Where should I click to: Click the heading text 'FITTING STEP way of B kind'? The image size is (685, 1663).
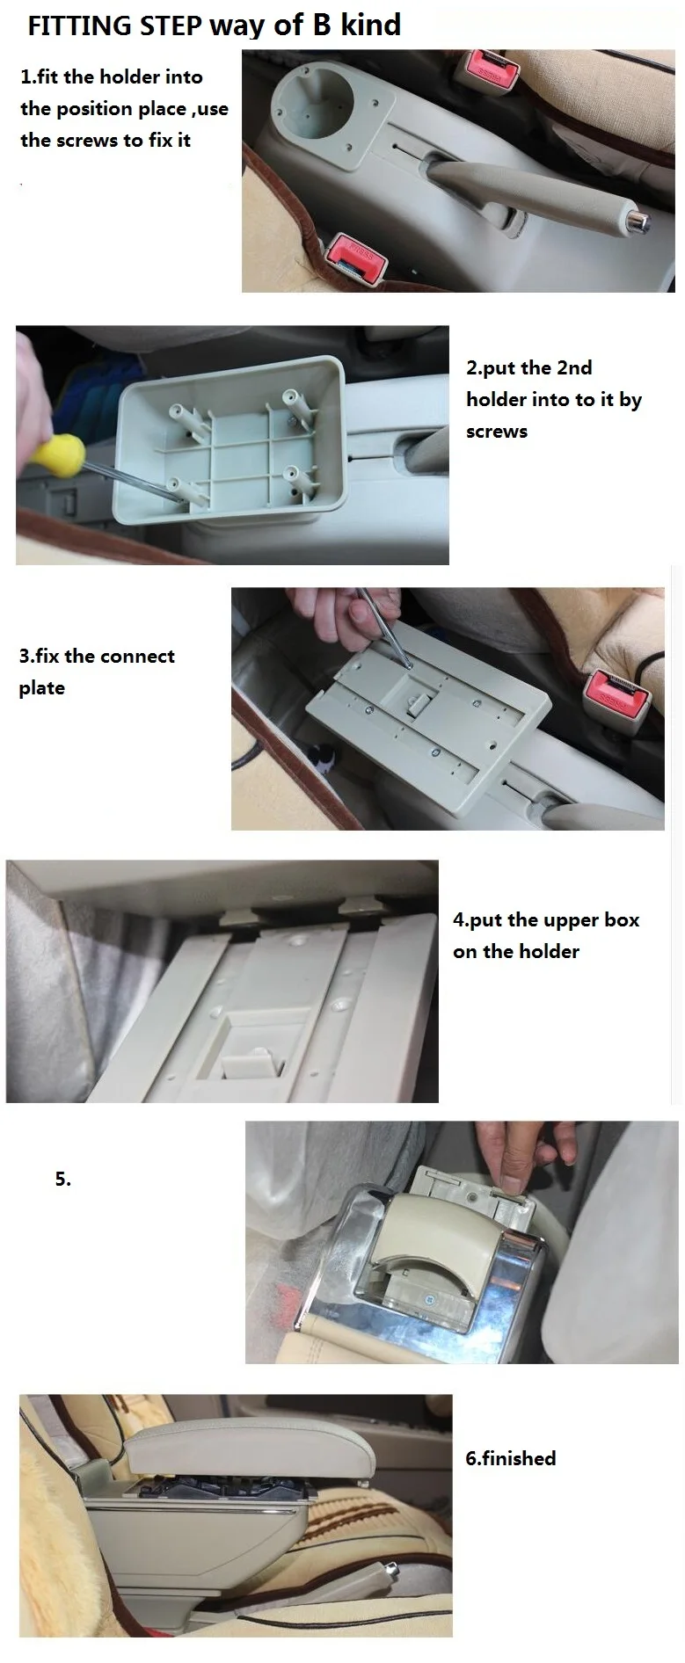pos(214,25)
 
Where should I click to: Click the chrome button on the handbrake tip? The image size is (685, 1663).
pos(644,222)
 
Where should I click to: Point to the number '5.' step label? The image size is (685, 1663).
pos(63,1179)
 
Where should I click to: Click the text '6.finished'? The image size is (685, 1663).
pos(510,1458)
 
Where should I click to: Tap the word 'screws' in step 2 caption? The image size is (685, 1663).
pos(497,432)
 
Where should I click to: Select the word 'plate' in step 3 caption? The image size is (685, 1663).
pos(42,688)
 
